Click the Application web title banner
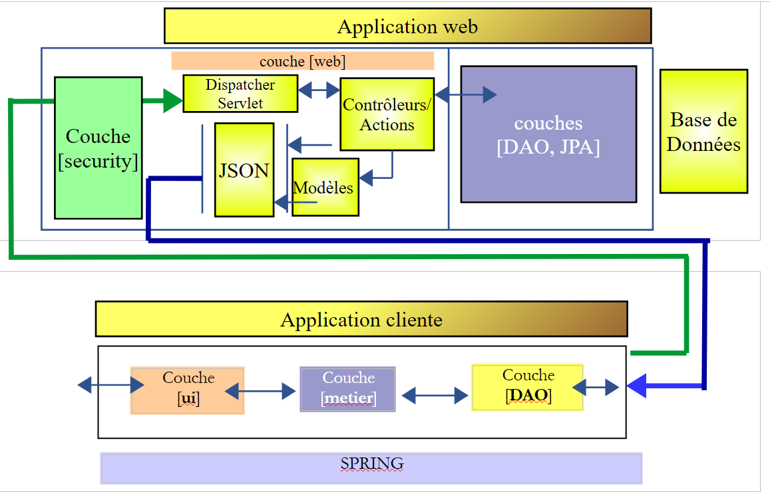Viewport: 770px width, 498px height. [x=407, y=26]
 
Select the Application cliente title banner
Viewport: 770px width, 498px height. [x=361, y=319]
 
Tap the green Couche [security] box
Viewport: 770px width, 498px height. [x=98, y=148]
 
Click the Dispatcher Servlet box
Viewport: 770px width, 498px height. [x=240, y=94]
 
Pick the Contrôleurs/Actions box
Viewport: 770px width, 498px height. [x=387, y=114]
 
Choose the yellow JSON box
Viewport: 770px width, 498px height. [x=244, y=170]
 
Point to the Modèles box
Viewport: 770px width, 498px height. [x=325, y=188]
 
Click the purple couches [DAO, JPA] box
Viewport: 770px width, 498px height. [x=548, y=134]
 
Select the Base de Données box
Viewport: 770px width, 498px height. [x=703, y=132]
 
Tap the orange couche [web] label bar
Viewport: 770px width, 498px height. [x=302, y=61]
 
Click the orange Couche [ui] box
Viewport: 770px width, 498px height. [x=188, y=390]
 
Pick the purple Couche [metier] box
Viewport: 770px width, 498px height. [x=347, y=389]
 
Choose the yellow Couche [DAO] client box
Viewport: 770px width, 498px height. [x=527, y=387]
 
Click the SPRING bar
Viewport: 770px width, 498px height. [x=371, y=468]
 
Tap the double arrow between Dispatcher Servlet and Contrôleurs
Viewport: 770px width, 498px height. [x=319, y=90]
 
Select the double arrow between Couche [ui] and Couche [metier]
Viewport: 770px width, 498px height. [x=260, y=391]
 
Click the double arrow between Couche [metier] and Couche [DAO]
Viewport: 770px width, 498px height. [x=435, y=396]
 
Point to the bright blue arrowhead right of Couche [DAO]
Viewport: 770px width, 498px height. [x=637, y=386]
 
